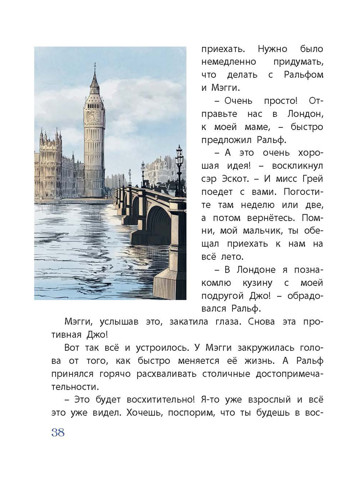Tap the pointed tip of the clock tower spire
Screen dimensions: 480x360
coord(95,64)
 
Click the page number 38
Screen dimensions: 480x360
coord(58,432)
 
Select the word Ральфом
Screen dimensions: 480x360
coord(303,75)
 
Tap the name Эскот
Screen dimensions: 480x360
coord(233,179)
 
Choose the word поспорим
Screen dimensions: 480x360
coord(187,413)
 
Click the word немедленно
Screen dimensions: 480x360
coord(229,62)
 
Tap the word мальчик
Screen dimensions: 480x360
coord(262,231)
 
